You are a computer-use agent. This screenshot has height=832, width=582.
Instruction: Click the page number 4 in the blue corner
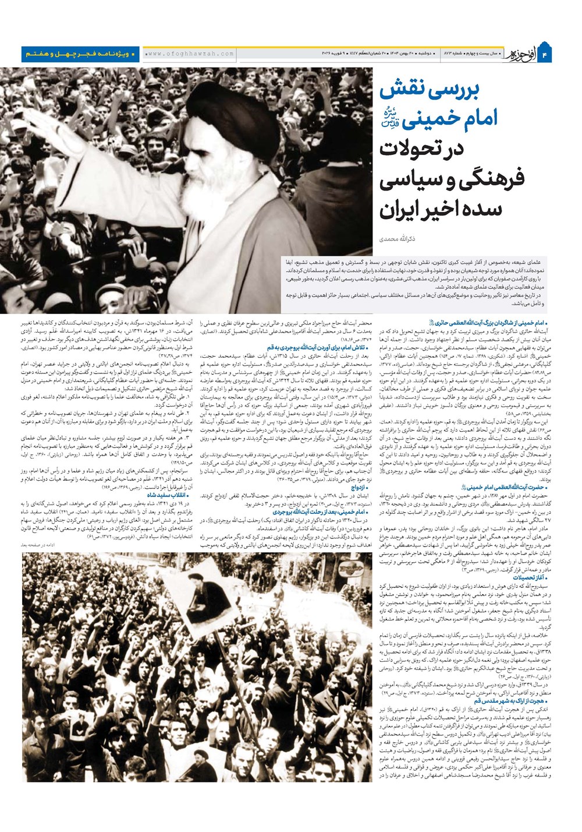pyautogui.click(x=562, y=54)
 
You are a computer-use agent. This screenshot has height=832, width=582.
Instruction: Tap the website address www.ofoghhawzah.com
pyautogui.click(x=190, y=54)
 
